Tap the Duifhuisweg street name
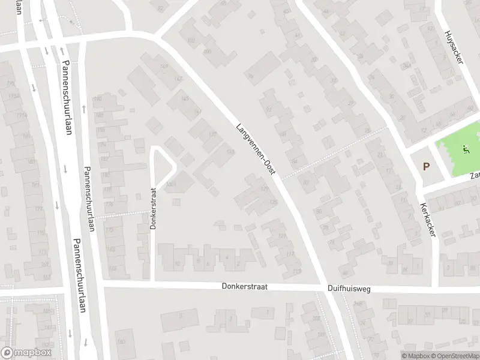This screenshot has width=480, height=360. pyautogui.click(x=349, y=289)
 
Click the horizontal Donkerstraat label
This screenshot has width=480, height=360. pyautogui.click(x=244, y=287)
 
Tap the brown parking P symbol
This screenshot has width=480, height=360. pyautogui.click(x=427, y=167)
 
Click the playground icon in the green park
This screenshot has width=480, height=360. pyautogui.click(x=465, y=148)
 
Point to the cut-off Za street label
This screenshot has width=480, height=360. pyautogui.click(x=475, y=176)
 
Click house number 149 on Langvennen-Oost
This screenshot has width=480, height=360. pyautogui.click(x=164, y=67)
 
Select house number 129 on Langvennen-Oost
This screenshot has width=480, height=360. pyautogui.click(x=263, y=190)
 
